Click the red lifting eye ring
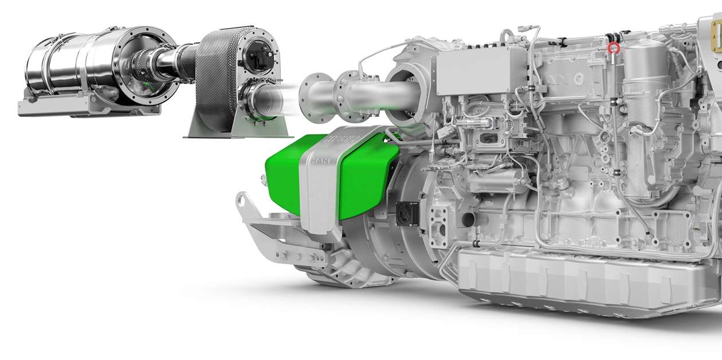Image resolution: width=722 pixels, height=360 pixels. coord(614,48)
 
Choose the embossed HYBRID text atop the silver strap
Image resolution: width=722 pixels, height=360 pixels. coord(339,139)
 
